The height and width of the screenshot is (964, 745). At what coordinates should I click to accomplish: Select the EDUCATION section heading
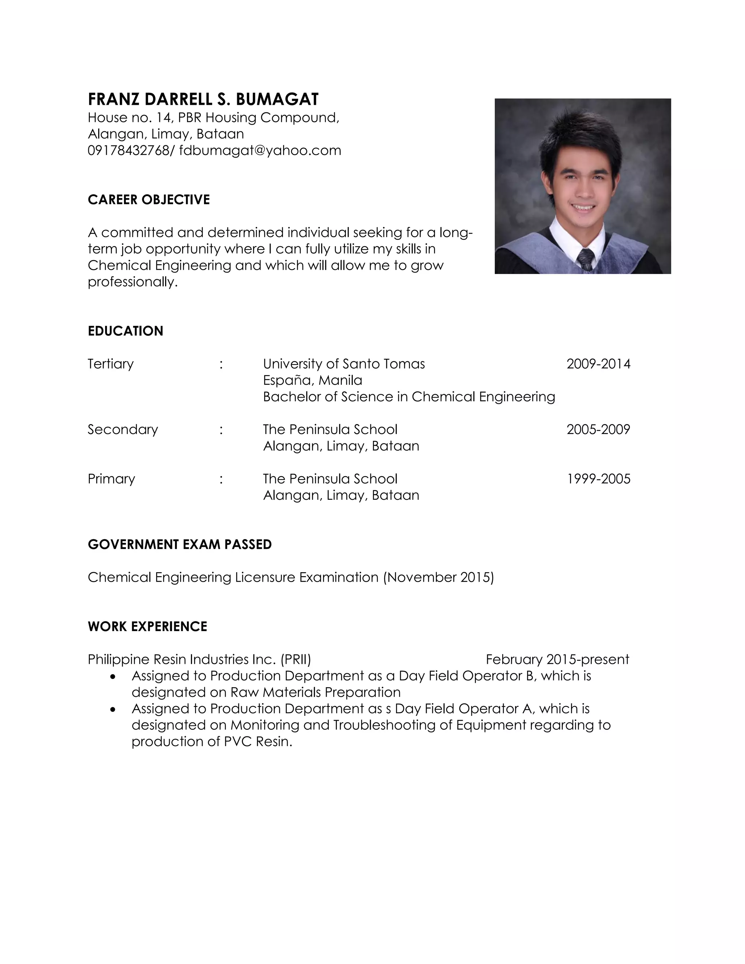[126, 331]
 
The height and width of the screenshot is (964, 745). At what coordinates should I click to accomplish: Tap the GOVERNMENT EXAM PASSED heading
[180, 544]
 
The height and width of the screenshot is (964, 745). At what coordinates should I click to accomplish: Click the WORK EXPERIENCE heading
[147, 626]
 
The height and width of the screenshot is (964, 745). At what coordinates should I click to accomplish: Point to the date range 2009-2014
[598, 364]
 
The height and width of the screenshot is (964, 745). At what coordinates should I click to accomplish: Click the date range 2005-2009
[598, 430]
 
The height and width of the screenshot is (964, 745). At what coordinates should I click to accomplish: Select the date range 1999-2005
[598, 479]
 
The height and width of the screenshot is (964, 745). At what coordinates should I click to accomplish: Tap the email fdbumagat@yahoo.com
[260, 151]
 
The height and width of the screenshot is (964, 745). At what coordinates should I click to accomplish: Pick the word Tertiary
[110, 364]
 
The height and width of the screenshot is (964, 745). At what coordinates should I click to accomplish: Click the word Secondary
[123, 430]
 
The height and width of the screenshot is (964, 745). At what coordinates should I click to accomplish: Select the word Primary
[111, 479]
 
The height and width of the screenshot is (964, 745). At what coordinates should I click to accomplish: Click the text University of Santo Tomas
[344, 364]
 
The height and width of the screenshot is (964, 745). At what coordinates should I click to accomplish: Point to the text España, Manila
[312, 381]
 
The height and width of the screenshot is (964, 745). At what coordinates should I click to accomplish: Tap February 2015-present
[557, 660]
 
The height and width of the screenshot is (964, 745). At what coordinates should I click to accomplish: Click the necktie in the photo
[586, 259]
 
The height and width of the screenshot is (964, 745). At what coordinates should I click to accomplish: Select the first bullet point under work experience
[113, 676]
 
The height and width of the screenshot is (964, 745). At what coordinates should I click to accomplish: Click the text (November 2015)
[438, 577]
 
